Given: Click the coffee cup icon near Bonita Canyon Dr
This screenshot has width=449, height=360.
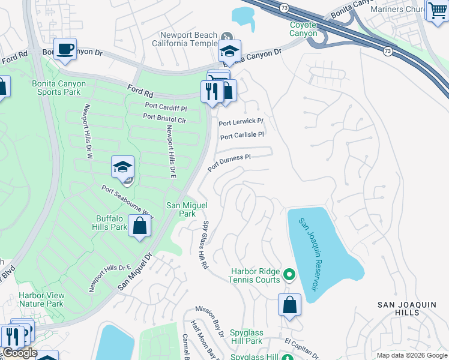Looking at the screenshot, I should coord(65,48).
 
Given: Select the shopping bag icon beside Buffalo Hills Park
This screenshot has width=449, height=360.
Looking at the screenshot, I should coord(139,227).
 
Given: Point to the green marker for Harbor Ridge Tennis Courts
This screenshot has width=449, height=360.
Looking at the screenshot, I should coord(289,275).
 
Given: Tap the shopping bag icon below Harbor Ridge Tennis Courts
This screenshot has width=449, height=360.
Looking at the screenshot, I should coord(289,304).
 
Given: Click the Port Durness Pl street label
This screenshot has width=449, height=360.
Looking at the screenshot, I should coord(229,163).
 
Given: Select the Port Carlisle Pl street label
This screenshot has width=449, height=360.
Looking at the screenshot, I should coord(242,136).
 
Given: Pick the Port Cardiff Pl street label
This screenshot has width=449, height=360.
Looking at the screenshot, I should coord(166,106).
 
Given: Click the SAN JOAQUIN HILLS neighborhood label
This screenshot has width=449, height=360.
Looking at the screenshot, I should coord(406,308).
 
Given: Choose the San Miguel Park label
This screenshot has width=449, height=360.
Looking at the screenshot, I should coord(187,209).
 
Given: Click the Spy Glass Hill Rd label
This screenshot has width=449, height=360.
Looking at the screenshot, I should coord(205,245).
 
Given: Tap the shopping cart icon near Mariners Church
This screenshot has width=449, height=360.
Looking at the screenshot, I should coord(437,10).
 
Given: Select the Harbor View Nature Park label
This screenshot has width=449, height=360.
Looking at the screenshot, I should coord(41,299).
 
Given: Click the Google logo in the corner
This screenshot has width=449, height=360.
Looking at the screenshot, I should coord(19,353).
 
